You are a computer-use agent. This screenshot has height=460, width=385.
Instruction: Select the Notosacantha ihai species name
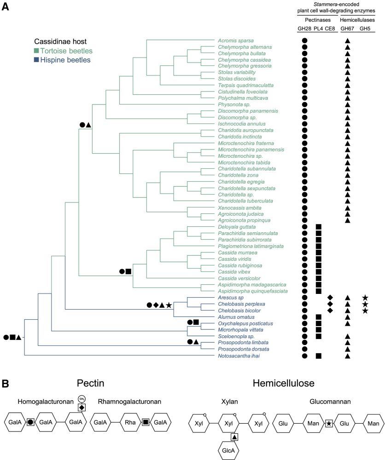click(x=236, y=356)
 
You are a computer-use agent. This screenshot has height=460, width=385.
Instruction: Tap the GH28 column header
click(x=304, y=29)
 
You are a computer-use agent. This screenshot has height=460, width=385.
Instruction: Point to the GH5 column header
click(x=365, y=29)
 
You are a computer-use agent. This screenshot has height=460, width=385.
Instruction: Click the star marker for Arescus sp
click(x=365, y=298)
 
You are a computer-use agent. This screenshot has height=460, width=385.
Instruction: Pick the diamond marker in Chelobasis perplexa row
click(x=330, y=304)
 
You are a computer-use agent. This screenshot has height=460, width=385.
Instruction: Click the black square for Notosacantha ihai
click(x=318, y=356)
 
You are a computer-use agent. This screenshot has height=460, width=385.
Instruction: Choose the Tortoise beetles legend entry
click(x=65, y=51)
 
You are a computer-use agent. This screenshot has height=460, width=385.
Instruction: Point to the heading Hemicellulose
click(x=283, y=383)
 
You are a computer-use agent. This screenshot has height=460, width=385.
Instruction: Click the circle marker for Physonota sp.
click(x=304, y=105)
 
